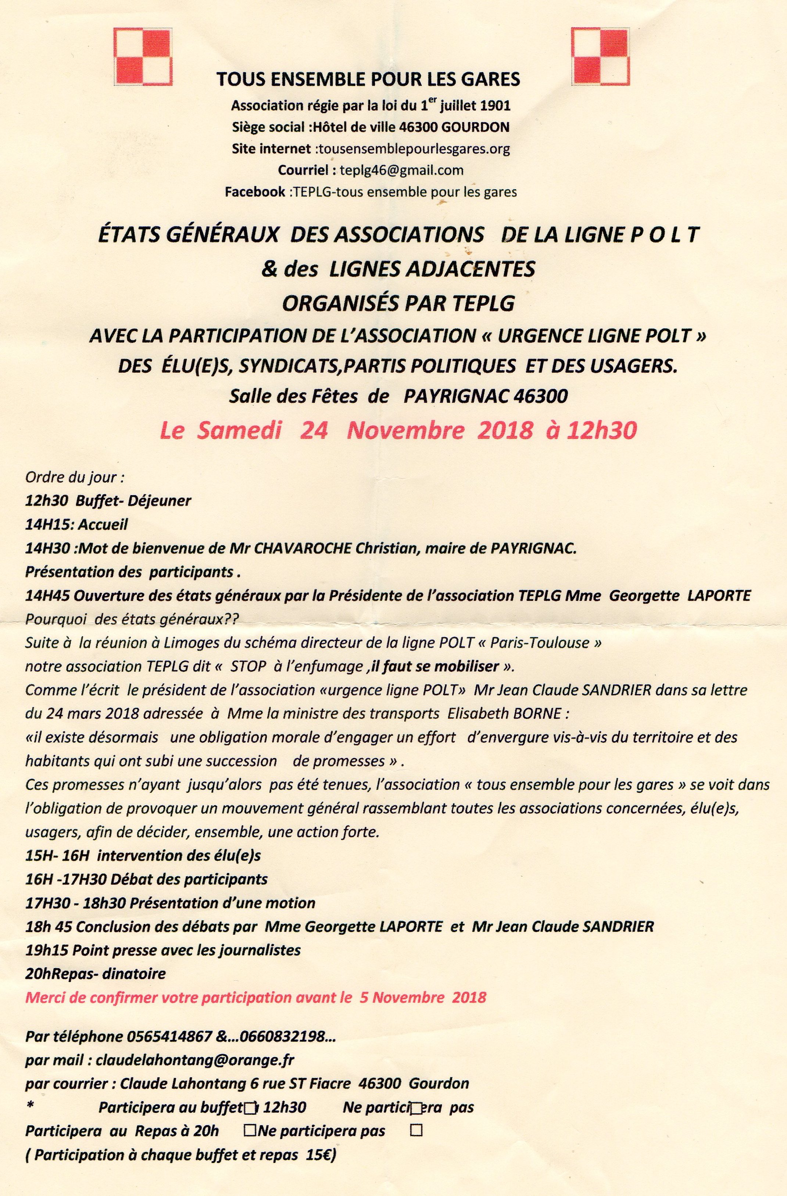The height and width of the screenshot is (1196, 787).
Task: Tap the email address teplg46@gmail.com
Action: click(x=401, y=170)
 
